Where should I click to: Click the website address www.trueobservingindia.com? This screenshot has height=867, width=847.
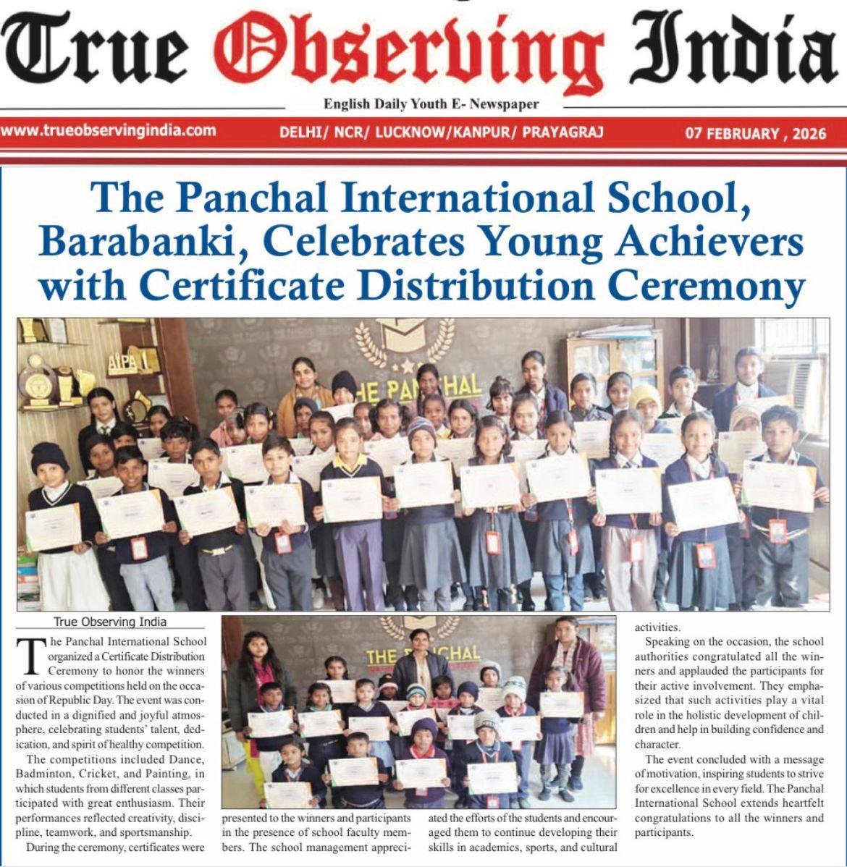[x=109, y=131]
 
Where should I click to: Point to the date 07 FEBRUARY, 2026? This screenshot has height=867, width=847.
[x=755, y=133]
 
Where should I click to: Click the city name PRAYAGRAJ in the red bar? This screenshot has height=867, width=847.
[x=562, y=132]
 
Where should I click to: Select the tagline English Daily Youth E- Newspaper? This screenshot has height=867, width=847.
[x=431, y=104]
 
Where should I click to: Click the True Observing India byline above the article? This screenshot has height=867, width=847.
[x=110, y=622]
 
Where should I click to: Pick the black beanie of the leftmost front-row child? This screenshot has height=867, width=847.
[x=50, y=457]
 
